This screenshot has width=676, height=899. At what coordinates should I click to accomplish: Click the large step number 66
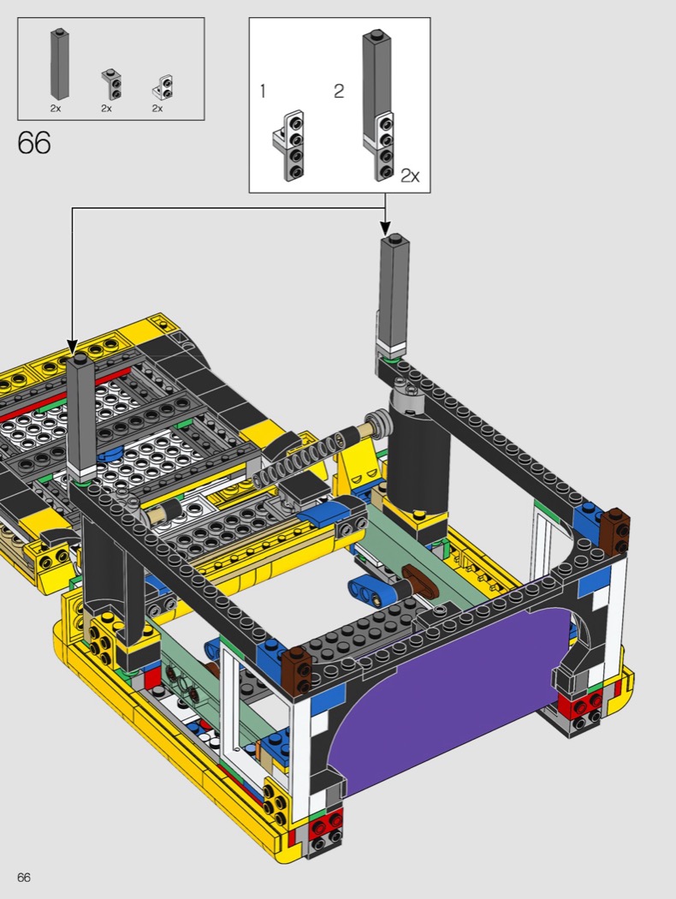[x=34, y=142]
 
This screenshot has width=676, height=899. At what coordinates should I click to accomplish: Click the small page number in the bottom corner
[x=24, y=878]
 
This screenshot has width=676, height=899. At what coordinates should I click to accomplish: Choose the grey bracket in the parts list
[x=112, y=84]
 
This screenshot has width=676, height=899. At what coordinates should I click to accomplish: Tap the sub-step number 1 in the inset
[x=263, y=91]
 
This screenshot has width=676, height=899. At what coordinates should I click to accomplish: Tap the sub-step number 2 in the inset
[x=339, y=91]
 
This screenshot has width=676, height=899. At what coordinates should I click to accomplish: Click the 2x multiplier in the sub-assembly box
[x=410, y=176]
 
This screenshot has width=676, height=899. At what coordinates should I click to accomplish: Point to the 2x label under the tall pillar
[x=55, y=108]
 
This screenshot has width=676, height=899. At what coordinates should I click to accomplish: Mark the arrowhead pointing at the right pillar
[x=385, y=227]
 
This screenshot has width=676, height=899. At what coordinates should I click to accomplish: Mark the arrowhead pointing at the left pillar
[x=72, y=346]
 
